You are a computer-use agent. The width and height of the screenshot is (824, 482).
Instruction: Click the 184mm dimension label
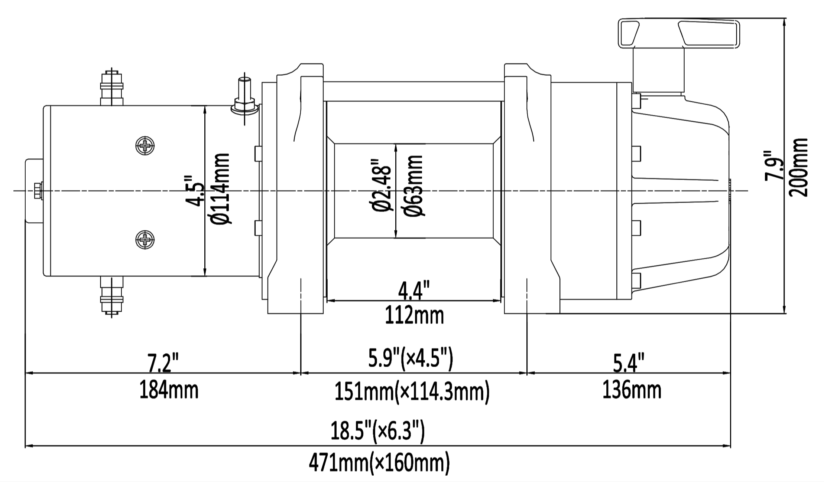[x=169, y=390]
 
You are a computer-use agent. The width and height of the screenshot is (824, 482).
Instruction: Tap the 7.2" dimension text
[x=163, y=363]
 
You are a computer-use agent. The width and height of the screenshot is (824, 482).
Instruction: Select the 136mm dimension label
[x=632, y=390]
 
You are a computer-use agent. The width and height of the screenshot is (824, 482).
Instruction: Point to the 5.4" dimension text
[x=628, y=363]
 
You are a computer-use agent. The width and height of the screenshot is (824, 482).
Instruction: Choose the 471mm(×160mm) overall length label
[x=379, y=462]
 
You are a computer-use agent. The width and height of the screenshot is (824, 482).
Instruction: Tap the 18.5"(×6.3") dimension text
[x=377, y=431]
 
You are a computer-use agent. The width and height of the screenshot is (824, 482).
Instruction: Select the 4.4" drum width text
[x=413, y=291]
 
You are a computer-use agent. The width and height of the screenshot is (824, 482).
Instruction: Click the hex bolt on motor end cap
[x=38, y=191]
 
